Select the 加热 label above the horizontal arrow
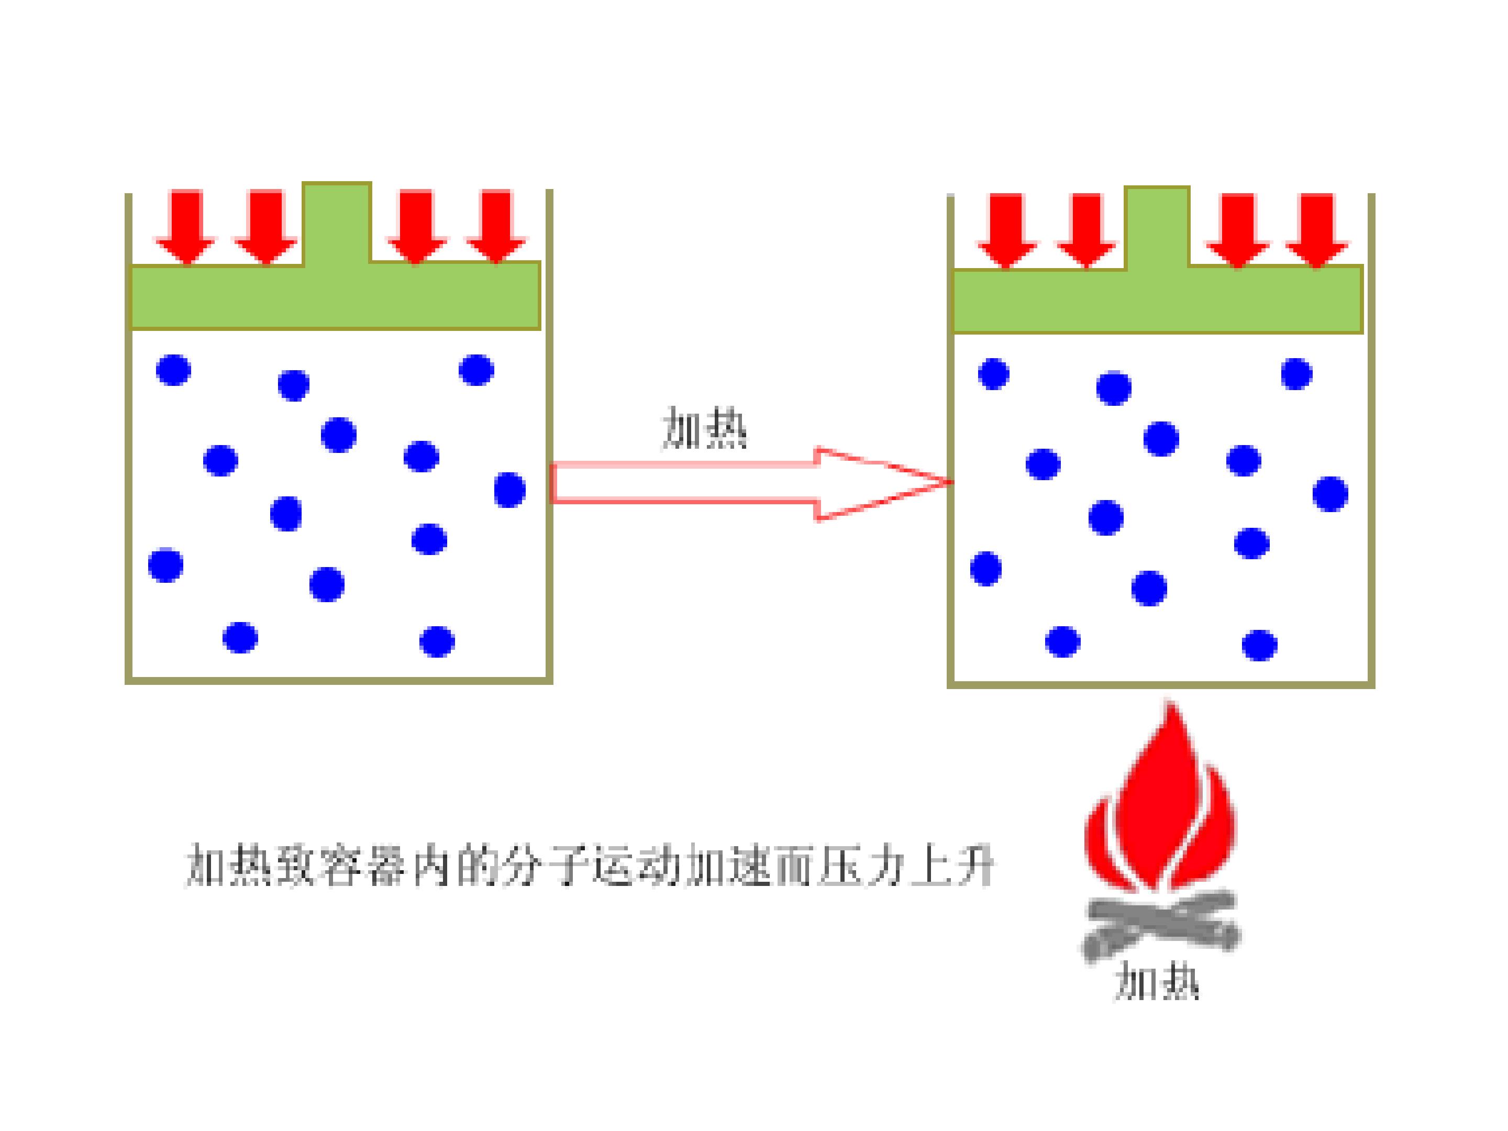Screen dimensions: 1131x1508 704,428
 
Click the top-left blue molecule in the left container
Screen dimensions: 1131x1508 173,370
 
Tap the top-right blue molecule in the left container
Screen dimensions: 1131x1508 476,370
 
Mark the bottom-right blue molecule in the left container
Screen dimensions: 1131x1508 437,641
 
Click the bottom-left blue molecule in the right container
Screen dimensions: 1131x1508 1062,641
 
